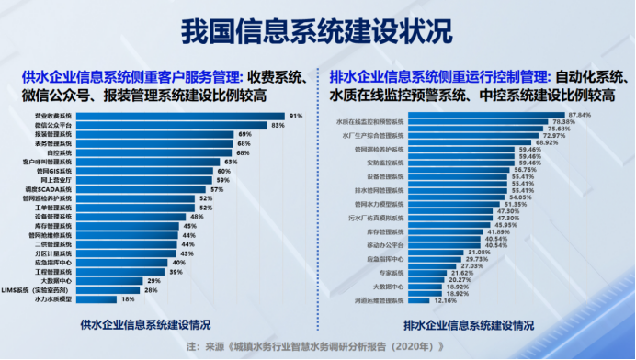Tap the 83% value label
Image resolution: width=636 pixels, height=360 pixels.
278,125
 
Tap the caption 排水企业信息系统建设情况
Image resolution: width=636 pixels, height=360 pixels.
471,324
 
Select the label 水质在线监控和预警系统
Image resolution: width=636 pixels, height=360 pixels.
371,121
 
